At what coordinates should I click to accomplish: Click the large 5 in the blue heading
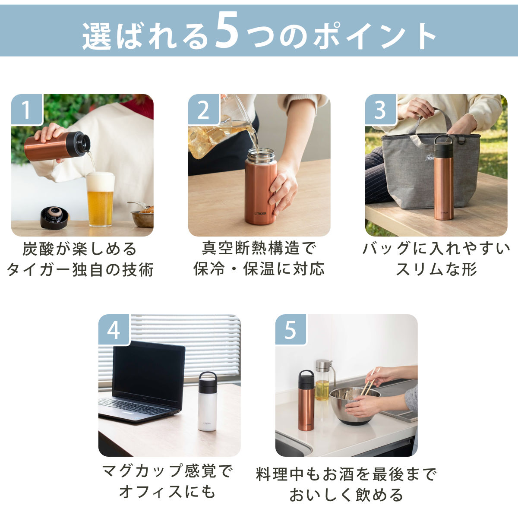(x=227, y=30)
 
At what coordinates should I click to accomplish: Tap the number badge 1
(x=27, y=110)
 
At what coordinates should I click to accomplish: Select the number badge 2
(x=203, y=110)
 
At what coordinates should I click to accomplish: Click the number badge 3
(x=380, y=110)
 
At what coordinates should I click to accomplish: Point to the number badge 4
(x=114, y=330)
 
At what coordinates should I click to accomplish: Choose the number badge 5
(x=291, y=330)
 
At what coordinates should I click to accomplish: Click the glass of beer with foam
(x=100, y=200)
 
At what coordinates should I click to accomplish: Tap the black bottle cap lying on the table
(x=54, y=218)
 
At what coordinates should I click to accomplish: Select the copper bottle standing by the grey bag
(x=444, y=177)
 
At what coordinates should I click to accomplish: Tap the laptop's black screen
(x=148, y=374)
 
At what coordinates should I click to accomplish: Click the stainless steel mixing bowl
(x=354, y=406)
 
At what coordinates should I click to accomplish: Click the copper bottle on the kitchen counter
(x=306, y=401)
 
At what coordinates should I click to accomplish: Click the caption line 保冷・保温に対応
(x=259, y=269)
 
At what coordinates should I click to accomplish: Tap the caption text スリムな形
(x=436, y=269)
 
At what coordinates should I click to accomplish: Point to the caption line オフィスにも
(x=167, y=492)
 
